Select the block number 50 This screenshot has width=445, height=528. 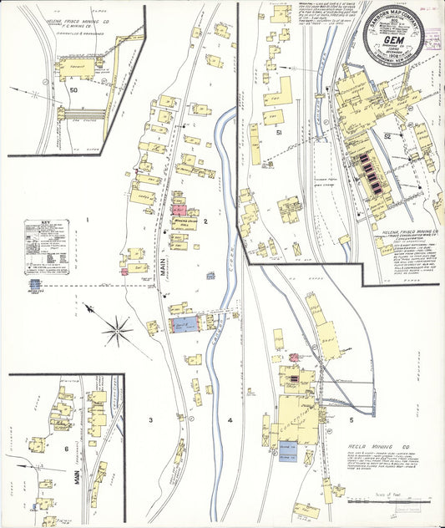click(x=73, y=89)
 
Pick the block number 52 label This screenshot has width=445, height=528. click(x=387, y=135)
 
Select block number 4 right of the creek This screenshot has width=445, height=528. click(x=229, y=419)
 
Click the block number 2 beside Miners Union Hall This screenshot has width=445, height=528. click(x=205, y=221)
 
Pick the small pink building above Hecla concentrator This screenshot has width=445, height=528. click(x=293, y=358)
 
